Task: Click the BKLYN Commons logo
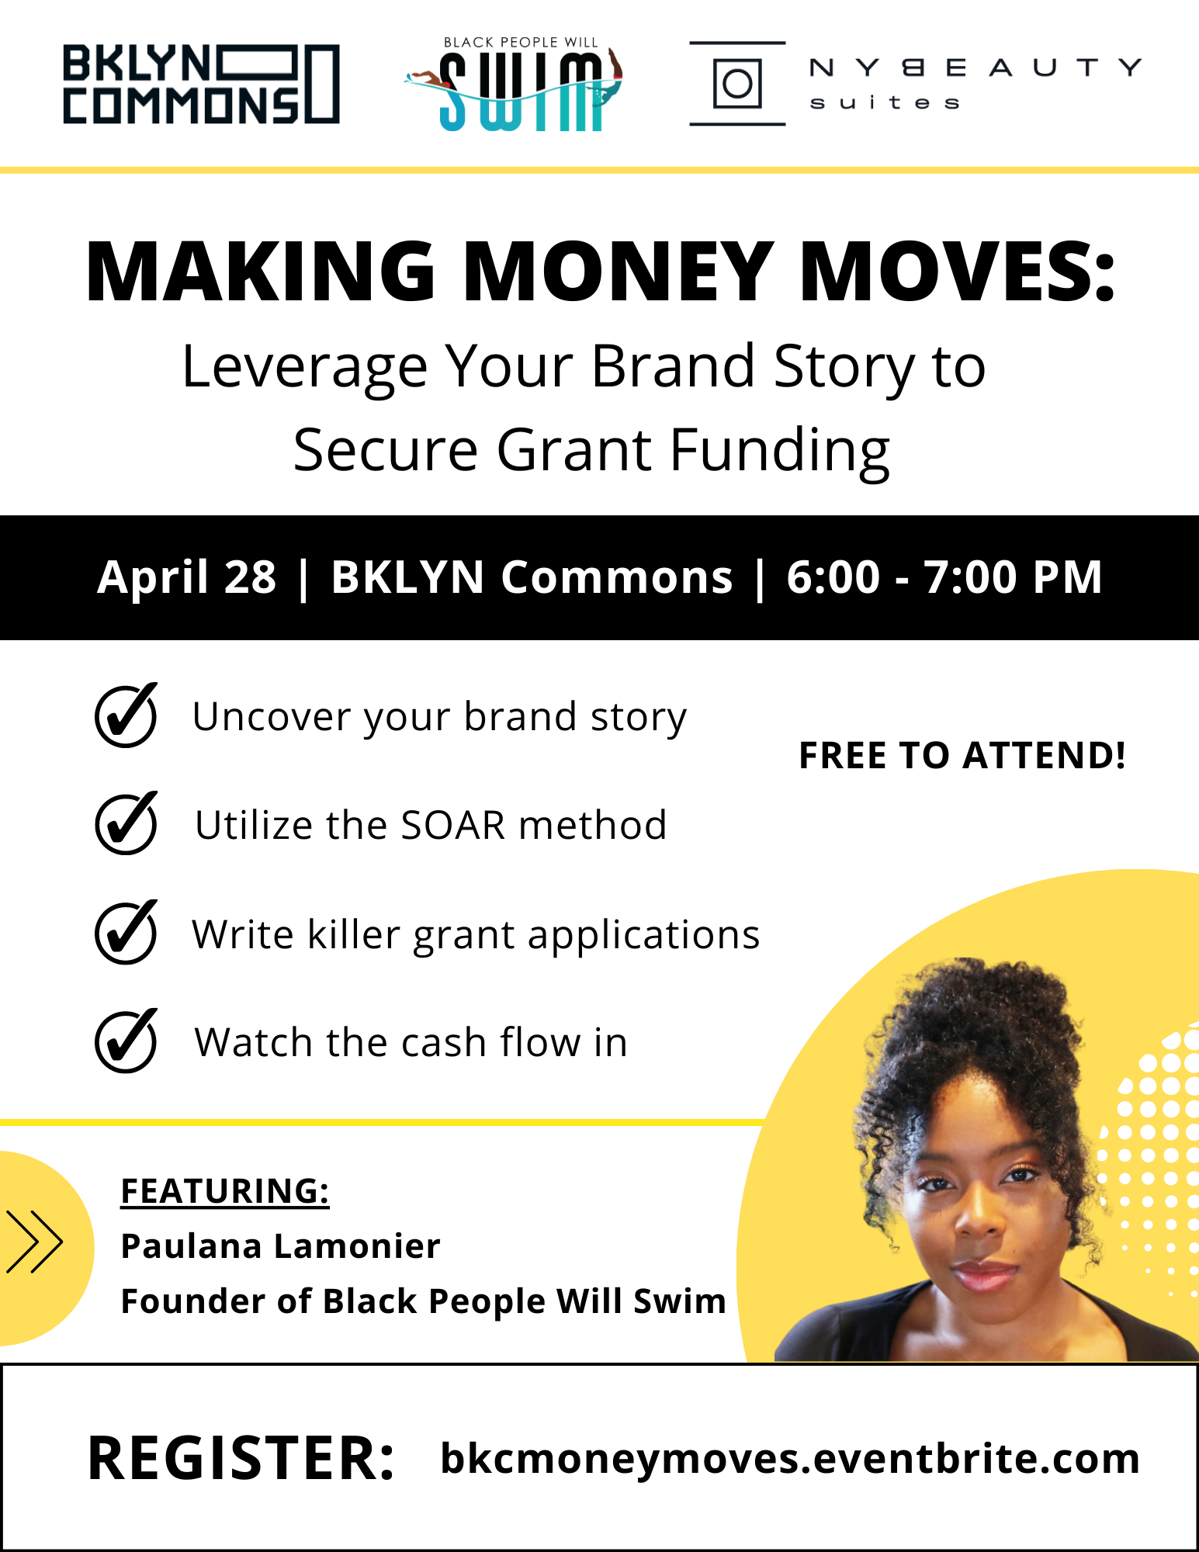coord(201,84)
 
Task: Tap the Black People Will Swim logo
coord(514,84)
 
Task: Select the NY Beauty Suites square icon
coord(737,83)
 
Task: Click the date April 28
coord(186,577)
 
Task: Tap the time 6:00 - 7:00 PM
coord(944,577)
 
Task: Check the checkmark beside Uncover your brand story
coord(126,715)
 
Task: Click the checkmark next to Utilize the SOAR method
coord(126,823)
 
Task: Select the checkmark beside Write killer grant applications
coord(126,932)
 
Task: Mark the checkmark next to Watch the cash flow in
coord(126,1041)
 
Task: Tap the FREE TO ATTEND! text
coord(962,755)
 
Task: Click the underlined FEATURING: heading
coord(225,1191)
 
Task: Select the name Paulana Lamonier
coord(281,1246)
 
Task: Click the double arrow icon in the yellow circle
coord(34,1242)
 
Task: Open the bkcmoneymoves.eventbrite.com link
coord(790,1458)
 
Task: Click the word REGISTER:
coord(241,1459)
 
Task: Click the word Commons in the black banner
coord(617,577)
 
